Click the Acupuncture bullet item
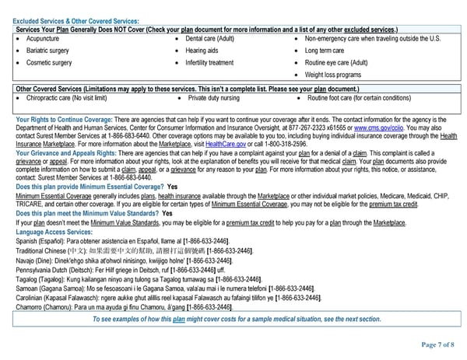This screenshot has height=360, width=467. tap(44, 38)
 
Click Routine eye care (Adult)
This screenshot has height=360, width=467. tap(336, 62)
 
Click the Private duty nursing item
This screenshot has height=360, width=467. tap(214, 99)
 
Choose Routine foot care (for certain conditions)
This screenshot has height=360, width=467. tap(359, 99)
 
